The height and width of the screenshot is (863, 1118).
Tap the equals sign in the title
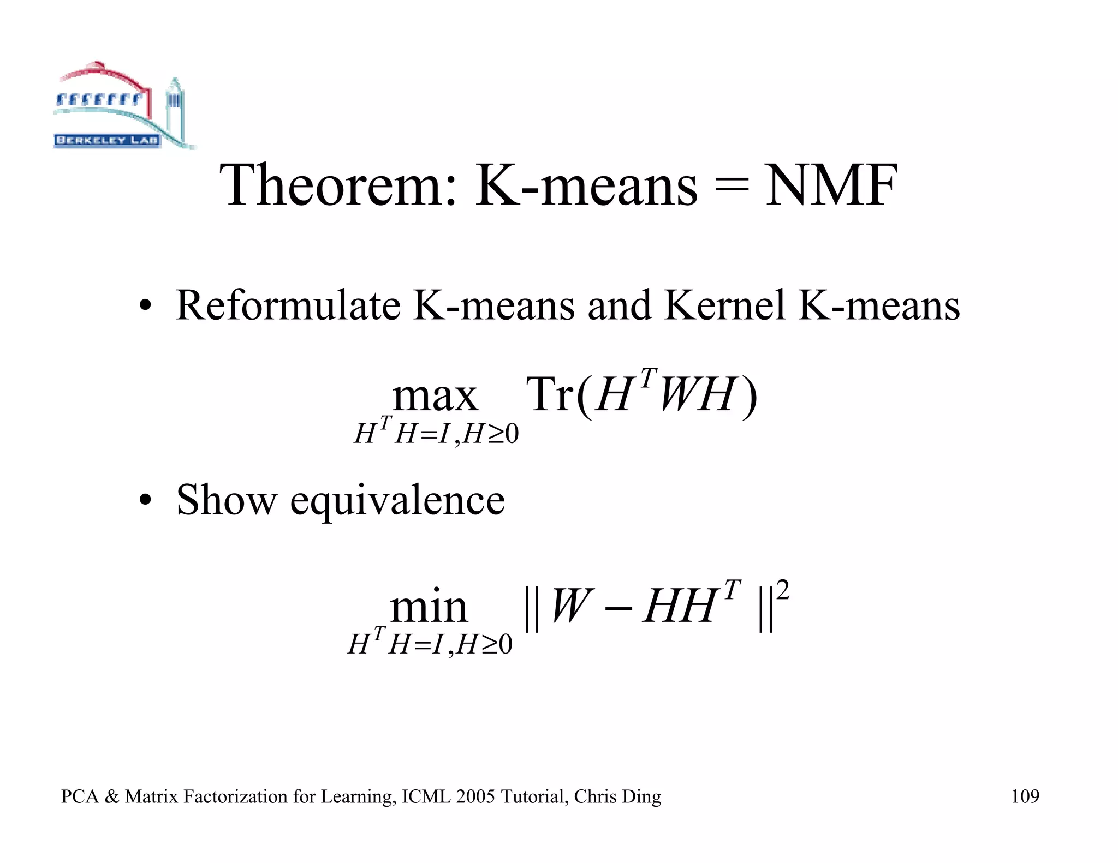[x=732, y=187]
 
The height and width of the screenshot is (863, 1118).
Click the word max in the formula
[x=435, y=397]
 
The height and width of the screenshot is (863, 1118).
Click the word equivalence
[x=397, y=501]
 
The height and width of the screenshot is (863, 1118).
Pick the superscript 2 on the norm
[x=782, y=590]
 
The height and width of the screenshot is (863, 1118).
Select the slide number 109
[x=1025, y=796]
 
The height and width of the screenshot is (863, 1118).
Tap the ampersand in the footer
[x=111, y=796]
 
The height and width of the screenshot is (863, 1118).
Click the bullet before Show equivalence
[x=144, y=501]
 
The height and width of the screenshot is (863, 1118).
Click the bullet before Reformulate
[x=144, y=306]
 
